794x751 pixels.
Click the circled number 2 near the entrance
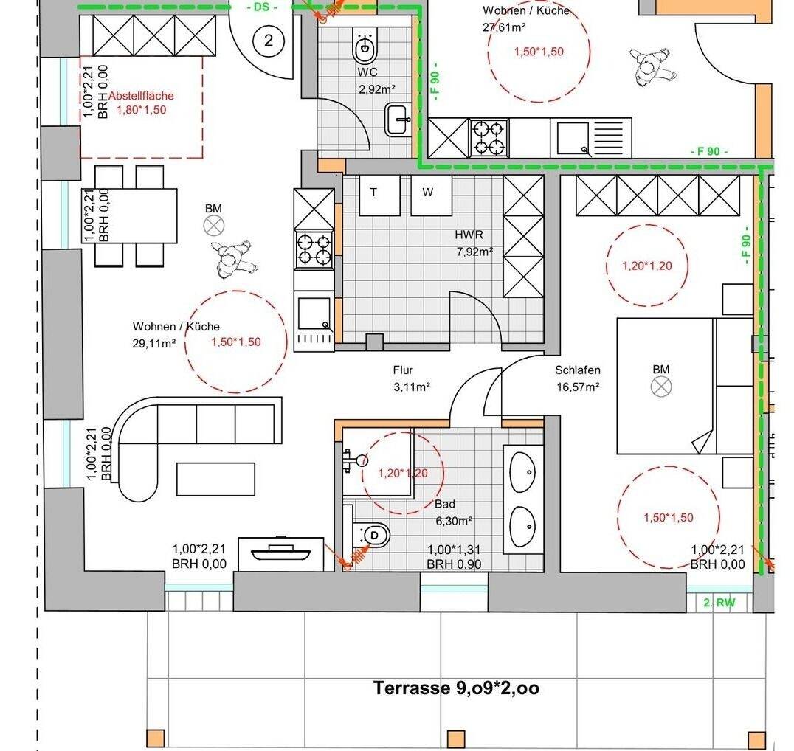[x=269, y=40]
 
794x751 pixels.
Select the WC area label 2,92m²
[x=377, y=90]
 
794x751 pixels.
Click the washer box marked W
[x=431, y=195]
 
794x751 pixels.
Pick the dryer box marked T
[x=379, y=195]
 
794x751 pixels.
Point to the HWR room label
[x=469, y=235]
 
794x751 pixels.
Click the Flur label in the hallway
[x=403, y=370]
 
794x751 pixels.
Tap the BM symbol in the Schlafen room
[x=661, y=387]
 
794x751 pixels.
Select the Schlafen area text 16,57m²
[x=579, y=387]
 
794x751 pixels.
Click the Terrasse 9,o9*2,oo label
[x=456, y=688]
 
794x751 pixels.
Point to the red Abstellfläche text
[x=141, y=96]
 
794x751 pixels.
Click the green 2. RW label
[x=719, y=603]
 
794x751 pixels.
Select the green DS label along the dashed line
[x=262, y=7]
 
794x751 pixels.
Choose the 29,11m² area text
[x=154, y=344]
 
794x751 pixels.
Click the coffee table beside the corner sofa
[x=215, y=479]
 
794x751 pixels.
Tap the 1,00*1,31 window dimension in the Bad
[x=454, y=550]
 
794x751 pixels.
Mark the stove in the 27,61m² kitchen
[x=489, y=138]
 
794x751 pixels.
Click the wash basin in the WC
[x=399, y=120]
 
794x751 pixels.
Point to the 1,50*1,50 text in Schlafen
[x=669, y=518]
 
